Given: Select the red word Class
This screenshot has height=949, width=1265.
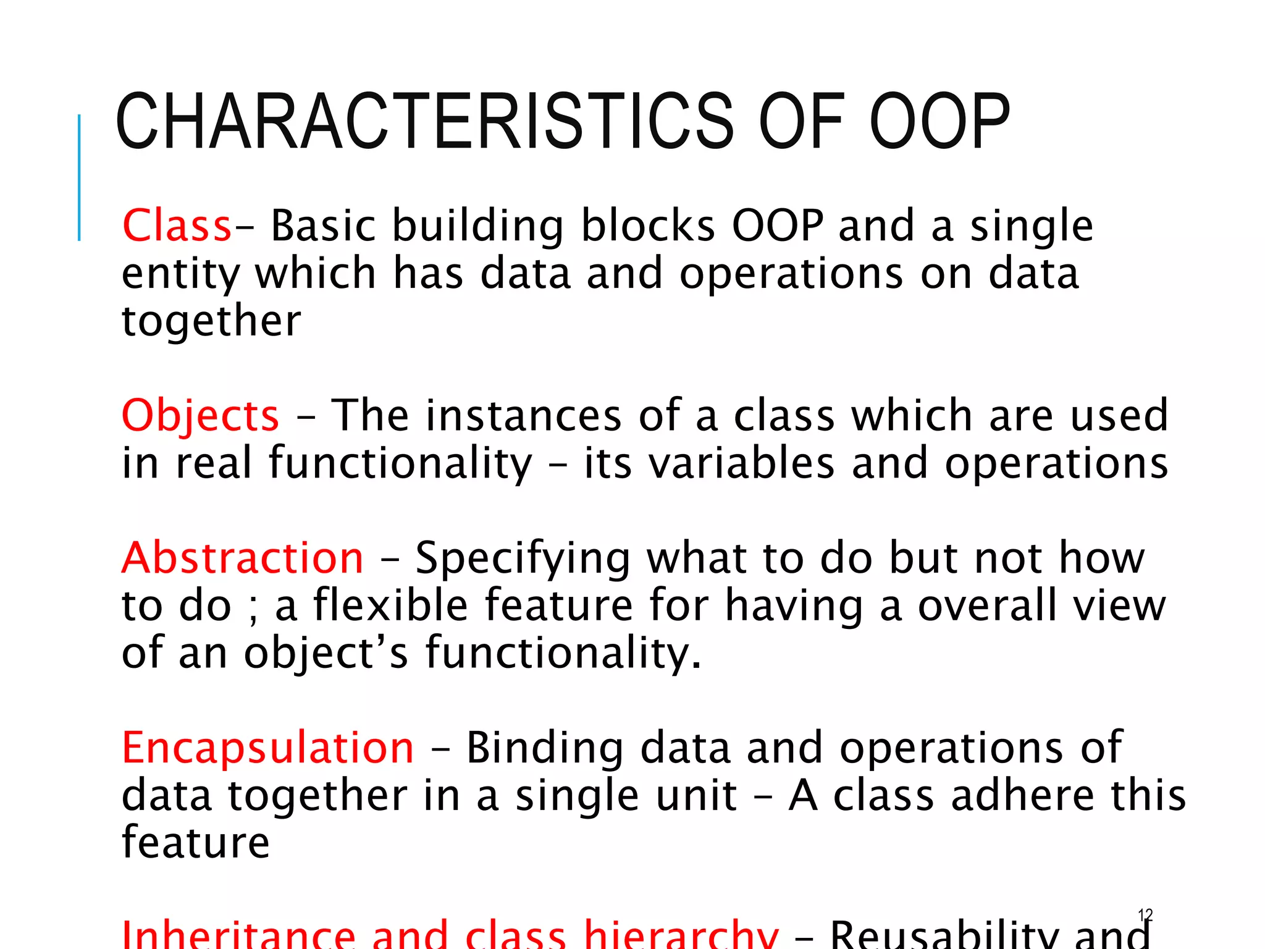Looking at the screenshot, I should click(x=177, y=226).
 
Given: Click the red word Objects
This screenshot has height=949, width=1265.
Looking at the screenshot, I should click(x=200, y=416).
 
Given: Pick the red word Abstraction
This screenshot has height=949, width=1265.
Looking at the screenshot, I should click(x=243, y=558).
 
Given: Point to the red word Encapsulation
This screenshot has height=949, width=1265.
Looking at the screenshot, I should click(x=267, y=748).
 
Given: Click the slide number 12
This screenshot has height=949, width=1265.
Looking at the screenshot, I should click(x=1145, y=915).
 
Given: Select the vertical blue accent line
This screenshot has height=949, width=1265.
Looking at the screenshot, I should click(x=79, y=177).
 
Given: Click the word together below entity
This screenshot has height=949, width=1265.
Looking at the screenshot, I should click(x=211, y=322).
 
